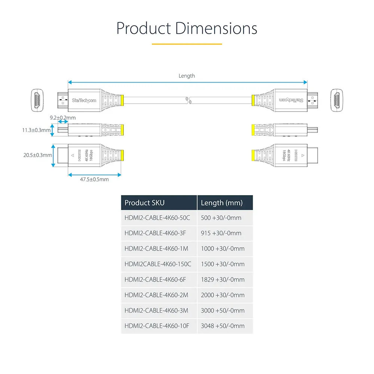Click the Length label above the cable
(x=187, y=76)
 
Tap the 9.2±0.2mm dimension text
(x=63, y=118)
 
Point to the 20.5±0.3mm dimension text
(x=38, y=155)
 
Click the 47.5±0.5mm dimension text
(x=94, y=179)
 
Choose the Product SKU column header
(x=144, y=203)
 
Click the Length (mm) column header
(x=222, y=203)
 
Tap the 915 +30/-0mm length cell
(x=221, y=233)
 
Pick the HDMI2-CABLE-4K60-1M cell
(x=156, y=249)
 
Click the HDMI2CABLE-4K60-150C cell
(x=158, y=264)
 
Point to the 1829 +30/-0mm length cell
(x=223, y=279)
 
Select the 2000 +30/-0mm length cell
(x=223, y=295)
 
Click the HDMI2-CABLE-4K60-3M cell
(x=156, y=310)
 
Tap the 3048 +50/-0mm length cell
(x=223, y=326)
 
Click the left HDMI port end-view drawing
(x=37, y=100)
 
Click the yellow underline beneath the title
(x=187, y=44)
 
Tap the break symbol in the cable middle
(x=187, y=100)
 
